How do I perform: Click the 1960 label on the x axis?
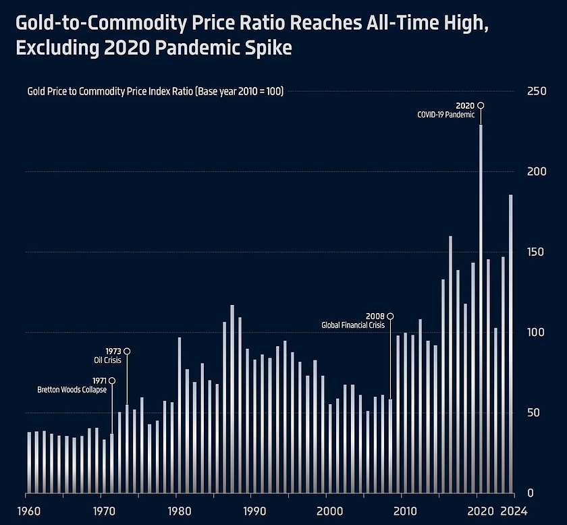(27, 510)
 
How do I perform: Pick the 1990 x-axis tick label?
(252, 510)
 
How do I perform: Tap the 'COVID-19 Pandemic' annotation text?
(446, 115)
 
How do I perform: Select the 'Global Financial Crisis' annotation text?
(352, 325)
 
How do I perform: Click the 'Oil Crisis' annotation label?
(107, 360)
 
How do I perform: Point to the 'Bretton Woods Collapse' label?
(72, 390)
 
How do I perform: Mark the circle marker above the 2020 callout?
(481, 105)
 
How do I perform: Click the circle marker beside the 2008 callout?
(390, 316)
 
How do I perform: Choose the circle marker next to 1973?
(127, 351)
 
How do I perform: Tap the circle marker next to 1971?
(112, 381)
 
